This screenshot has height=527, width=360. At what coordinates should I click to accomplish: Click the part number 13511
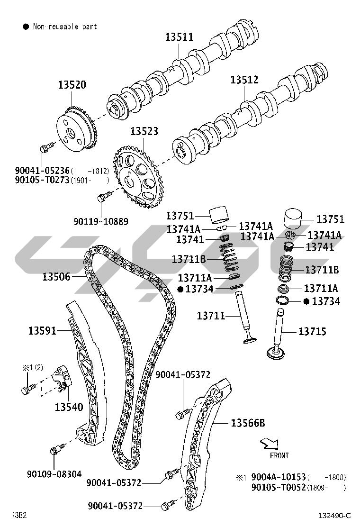pos(179,36)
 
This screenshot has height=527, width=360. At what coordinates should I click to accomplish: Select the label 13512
pos(244,80)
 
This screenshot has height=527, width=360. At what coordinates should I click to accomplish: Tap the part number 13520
pos(72,85)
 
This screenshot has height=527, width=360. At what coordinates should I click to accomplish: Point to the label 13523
pos(144,131)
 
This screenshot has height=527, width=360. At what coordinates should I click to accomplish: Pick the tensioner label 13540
pos(69,406)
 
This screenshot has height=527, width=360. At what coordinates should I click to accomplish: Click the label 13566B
pos(248,422)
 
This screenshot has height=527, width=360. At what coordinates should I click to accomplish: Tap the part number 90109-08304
pos(54,473)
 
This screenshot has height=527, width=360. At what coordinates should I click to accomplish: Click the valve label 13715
pos(312,332)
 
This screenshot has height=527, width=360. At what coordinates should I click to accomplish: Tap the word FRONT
pos(279,456)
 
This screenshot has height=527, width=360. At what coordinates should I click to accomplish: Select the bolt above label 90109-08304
pos(57,448)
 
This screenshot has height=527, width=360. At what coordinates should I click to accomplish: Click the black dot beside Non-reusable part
pos(26,27)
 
